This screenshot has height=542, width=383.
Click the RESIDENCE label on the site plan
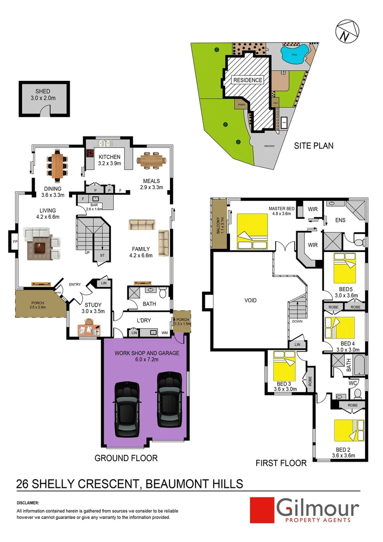coord(247,80)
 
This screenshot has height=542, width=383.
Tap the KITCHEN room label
coord(109,157)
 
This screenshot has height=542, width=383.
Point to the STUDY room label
coord(93,305)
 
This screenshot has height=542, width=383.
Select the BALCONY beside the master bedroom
coord(219,224)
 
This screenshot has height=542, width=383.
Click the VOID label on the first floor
coord(250,301)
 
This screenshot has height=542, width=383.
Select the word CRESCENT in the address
coord(103,484)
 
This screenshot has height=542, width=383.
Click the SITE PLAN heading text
coord(314,146)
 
